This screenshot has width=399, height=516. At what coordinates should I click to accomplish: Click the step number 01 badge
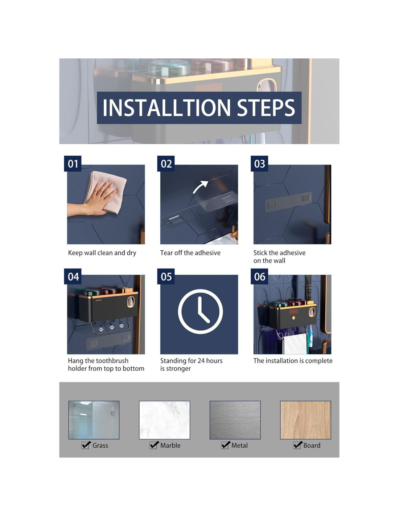[73, 164]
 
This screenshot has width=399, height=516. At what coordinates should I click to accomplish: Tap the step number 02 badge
[166, 164]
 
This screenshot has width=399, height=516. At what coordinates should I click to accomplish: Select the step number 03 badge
[259, 164]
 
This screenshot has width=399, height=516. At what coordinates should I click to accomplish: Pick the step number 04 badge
[73, 277]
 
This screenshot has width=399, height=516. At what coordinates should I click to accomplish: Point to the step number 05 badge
[166, 277]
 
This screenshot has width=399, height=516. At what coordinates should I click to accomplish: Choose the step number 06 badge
[259, 277]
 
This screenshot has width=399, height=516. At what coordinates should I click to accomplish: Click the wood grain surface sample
[305, 420]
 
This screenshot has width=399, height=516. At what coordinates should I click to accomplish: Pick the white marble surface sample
[164, 420]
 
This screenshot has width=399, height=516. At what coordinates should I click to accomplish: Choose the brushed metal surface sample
[235, 420]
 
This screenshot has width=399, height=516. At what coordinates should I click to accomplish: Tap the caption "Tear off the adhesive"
[190, 253]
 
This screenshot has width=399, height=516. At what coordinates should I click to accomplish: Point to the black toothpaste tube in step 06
[308, 287]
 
